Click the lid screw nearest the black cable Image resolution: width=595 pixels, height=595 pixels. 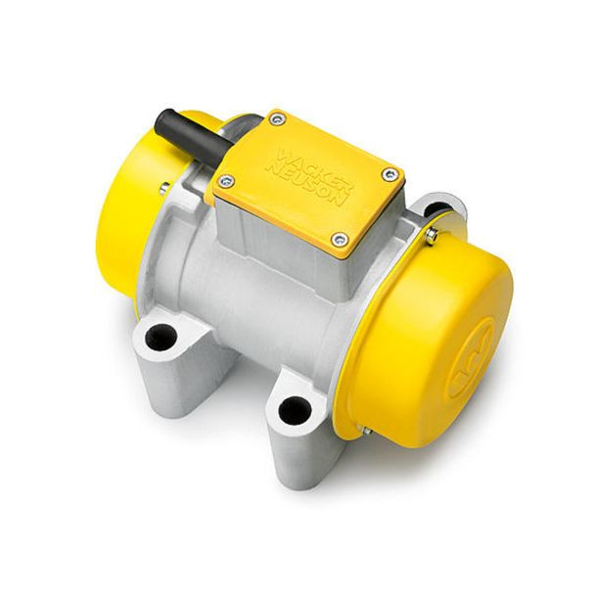(x=275, y=120)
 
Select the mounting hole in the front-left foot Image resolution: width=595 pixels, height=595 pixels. (x=161, y=337)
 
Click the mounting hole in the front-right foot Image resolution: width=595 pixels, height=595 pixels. (x=295, y=411)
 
